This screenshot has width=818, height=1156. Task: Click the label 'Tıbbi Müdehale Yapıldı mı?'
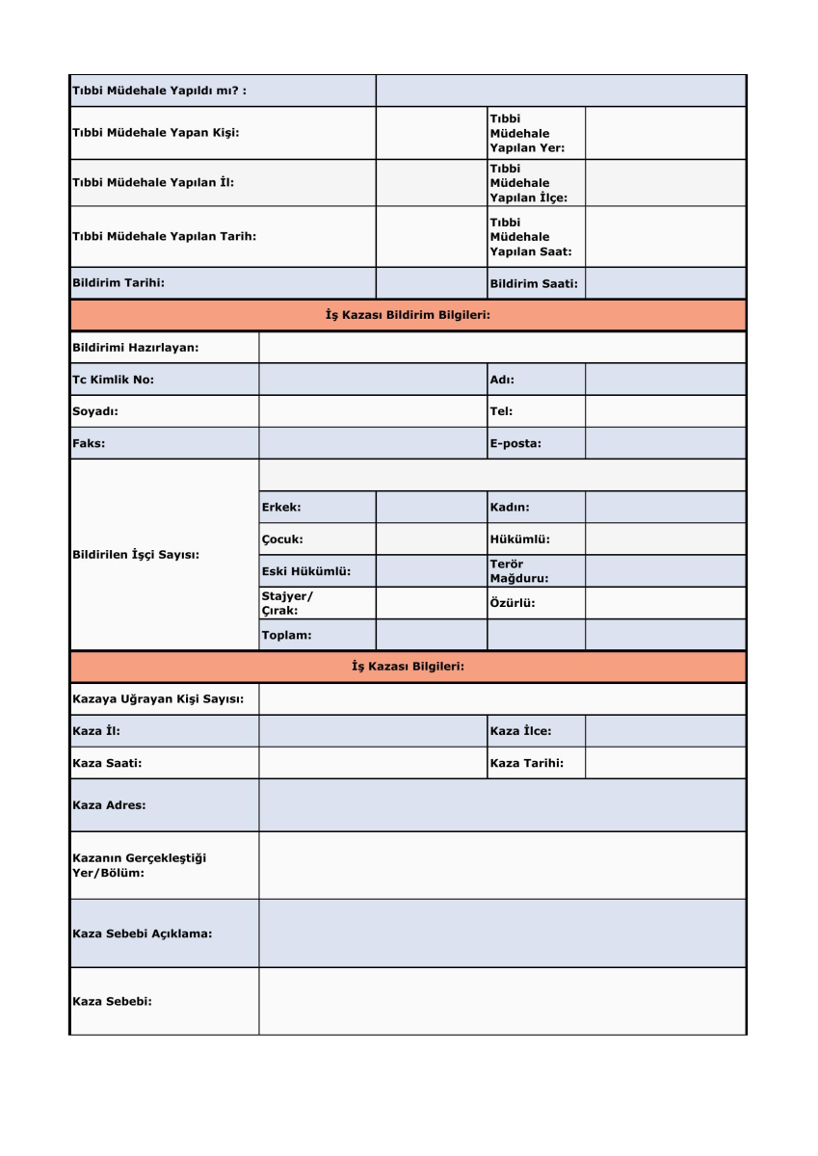coord(159,92)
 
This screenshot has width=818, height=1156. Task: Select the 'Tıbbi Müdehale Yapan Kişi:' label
coord(155,133)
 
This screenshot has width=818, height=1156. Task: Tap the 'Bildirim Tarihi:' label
coord(119,282)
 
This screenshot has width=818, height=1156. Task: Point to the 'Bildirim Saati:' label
coord(534,283)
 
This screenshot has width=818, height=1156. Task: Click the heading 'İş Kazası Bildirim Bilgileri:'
coord(408,315)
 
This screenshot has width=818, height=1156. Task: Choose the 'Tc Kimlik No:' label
coord(114,380)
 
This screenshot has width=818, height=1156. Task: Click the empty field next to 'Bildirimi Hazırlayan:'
coord(502,348)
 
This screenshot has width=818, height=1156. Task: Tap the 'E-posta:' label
coord(515,443)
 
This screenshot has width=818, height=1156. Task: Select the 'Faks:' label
coord(89,443)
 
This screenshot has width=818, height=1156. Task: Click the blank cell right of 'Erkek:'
coord(431,507)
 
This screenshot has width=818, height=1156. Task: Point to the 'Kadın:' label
coord(510,507)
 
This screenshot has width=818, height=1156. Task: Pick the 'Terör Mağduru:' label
coord(519,571)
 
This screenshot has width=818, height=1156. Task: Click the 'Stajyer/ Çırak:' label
coord(287,603)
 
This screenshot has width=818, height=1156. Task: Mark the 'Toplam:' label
coord(286,635)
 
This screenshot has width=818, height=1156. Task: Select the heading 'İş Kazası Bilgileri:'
coord(408,667)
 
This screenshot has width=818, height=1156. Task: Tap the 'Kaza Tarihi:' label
coord(526,763)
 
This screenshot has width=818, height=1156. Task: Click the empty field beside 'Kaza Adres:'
coord(502,804)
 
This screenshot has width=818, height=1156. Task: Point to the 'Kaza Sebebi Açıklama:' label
coord(143,933)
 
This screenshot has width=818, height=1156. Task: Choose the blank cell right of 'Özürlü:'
coord(665,603)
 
